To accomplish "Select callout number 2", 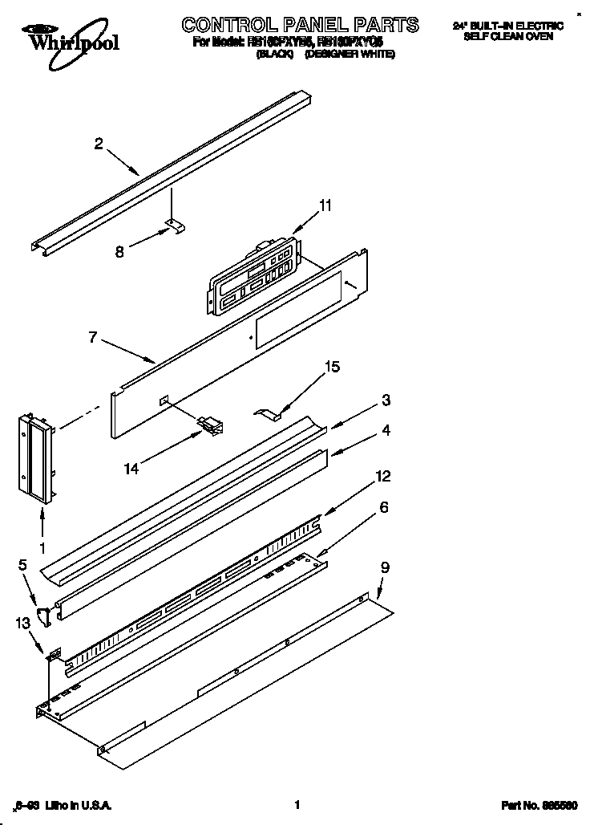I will click(98, 144).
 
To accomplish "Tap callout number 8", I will click(119, 250).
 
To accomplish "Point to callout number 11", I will click(324, 205).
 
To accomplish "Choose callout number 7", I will click(93, 338).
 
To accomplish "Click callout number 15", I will click(332, 367).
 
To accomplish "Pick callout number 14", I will click(131, 468).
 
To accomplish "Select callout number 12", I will click(383, 477).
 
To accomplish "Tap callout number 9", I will click(385, 567).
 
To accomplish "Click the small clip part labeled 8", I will click(174, 228).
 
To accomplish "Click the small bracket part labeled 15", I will click(269, 414).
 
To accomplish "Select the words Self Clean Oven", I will click(508, 38).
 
